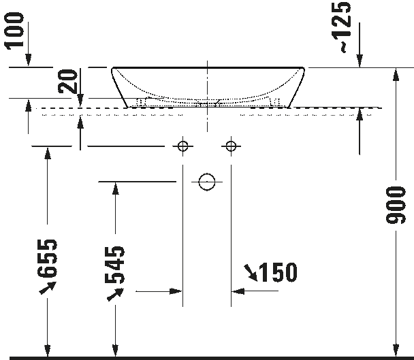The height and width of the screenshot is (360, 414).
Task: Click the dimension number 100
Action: pos(14,31)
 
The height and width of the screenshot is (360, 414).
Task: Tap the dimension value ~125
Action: pos(343,27)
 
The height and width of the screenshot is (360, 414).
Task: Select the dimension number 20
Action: pos(68,81)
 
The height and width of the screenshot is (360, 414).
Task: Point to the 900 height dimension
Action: pos(395,205)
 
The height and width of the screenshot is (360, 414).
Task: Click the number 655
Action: pos(47,259)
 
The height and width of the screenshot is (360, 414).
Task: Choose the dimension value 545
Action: pos(115,265)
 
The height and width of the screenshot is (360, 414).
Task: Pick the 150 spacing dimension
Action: pos(278,272)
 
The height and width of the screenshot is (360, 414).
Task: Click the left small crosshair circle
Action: pos(182,146)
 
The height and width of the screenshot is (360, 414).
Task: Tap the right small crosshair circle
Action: pos(231,146)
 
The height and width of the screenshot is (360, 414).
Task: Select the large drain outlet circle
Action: pos(207,182)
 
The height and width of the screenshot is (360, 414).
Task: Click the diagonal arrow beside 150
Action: pos(251,272)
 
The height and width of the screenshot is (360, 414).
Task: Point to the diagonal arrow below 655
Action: pos(48,288)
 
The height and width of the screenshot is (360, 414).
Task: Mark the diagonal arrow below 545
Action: pos(115,295)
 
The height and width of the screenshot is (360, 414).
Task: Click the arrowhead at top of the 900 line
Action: pos(396,74)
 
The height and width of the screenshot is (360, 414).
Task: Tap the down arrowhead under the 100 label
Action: pos(28,60)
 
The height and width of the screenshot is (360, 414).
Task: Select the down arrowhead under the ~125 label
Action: pos(360,61)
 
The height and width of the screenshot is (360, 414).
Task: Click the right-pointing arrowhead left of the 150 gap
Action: pos(176,291)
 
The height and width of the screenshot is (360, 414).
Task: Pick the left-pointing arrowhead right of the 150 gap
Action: pos(238,291)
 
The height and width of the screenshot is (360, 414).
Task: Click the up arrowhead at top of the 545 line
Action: pos(115,189)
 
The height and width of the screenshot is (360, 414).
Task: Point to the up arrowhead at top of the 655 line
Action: pos(48,153)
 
